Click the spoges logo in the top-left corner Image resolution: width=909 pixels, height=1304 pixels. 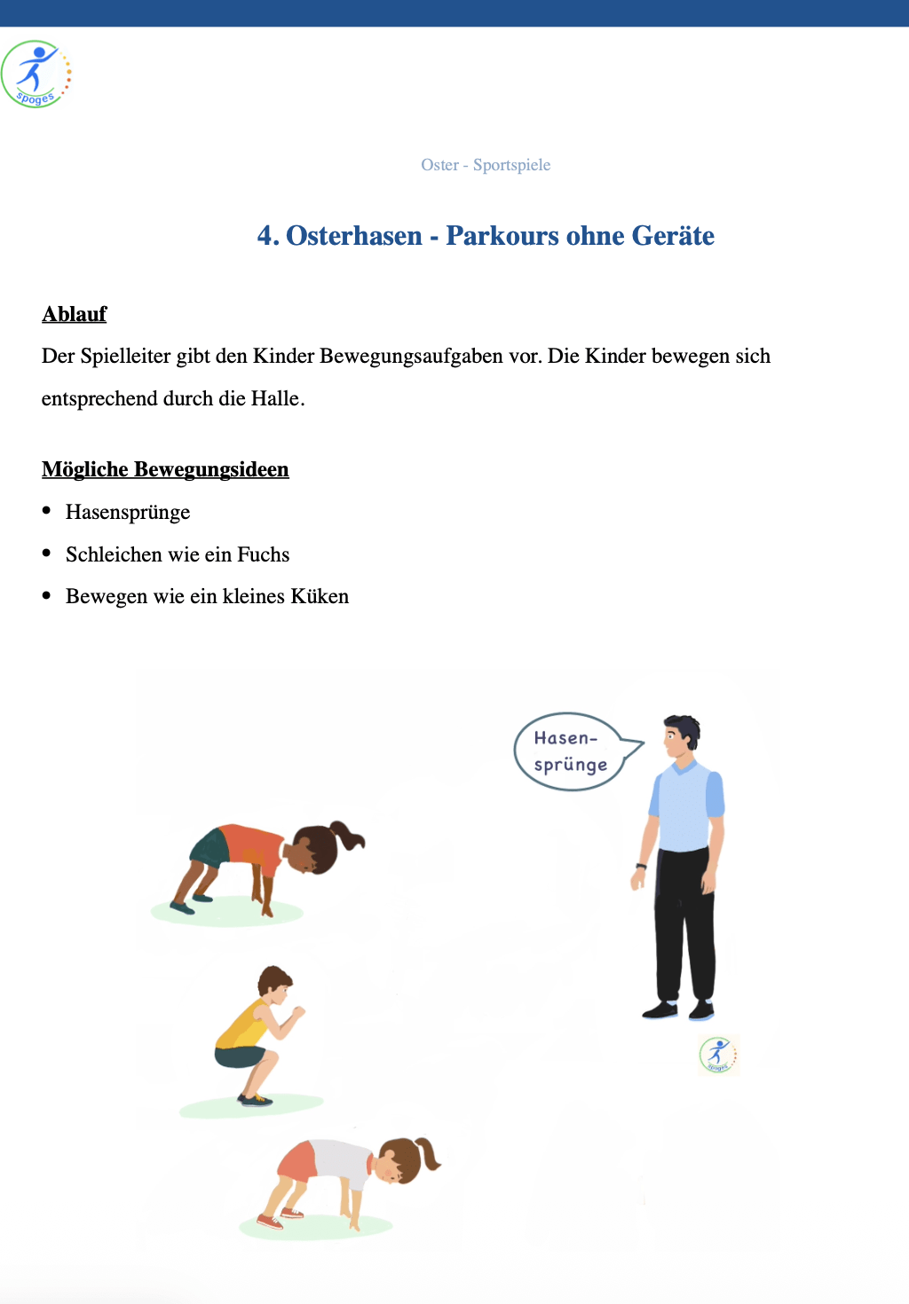[x=36, y=75]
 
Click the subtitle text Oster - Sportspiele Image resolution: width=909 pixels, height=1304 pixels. [x=486, y=165]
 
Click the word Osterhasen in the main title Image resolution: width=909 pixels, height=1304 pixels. [x=354, y=236]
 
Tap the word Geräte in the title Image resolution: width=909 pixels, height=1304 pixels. [x=673, y=236]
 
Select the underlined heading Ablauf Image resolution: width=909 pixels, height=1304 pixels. [x=74, y=314]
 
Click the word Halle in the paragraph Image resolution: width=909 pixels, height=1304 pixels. [x=276, y=399]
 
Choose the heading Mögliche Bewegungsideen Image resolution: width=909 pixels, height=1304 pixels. [x=165, y=469]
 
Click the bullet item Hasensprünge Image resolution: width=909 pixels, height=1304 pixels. [x=128, y=513]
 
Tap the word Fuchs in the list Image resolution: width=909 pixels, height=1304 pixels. [x=263, y=555]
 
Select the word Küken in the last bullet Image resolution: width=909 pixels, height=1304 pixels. [x=320, y=597]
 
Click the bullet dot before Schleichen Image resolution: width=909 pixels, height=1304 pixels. [x=46, y=554]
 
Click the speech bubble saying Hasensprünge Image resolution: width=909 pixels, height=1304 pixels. [x=570, y=751]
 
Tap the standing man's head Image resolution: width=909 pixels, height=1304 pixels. [x=682, y=737]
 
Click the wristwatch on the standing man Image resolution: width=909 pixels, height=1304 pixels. [x=641, y=866]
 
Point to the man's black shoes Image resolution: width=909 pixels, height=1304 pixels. [x=679, y=1009]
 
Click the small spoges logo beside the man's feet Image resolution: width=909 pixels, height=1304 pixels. [x=717, y=1055]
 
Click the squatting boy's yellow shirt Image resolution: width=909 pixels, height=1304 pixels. [x=242, y=1030]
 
